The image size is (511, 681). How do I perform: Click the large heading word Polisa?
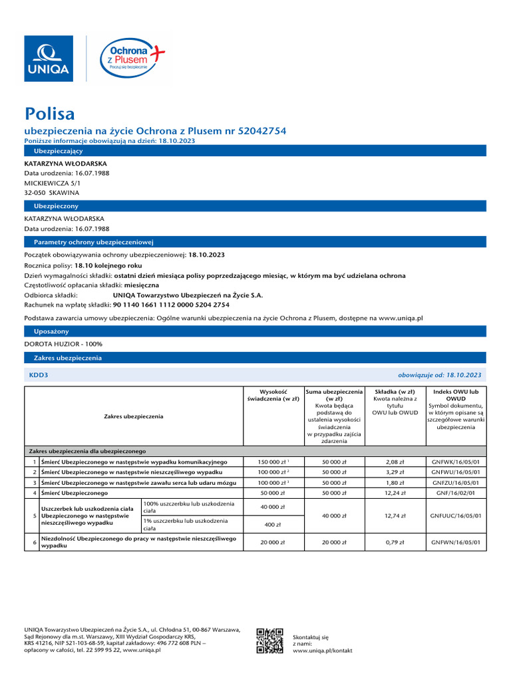[x=49, y=114]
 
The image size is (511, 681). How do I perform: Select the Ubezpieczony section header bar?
[x=255, y=206]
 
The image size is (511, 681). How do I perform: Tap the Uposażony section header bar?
[x=255, y=331]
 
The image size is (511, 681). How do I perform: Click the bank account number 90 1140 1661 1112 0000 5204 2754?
[x=171, y=305]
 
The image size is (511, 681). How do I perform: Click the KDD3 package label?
[x=39, y=375]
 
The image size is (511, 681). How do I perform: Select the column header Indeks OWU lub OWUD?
[x=455, y=396]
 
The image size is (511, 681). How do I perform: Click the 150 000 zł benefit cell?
[x=271, y=462]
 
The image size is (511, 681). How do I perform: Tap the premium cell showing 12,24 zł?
[x=395, y=493]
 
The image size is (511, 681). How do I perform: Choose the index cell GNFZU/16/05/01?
[x=455, y=483]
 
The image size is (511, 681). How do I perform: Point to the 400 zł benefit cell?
[x=271, y=524]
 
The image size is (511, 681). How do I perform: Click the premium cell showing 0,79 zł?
[x=395, y=542]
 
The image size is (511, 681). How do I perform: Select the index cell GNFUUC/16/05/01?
[x=455, y=515]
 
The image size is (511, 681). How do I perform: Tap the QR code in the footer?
[x=270, y=641]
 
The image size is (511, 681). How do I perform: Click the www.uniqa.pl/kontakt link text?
[x=322, y=650]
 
